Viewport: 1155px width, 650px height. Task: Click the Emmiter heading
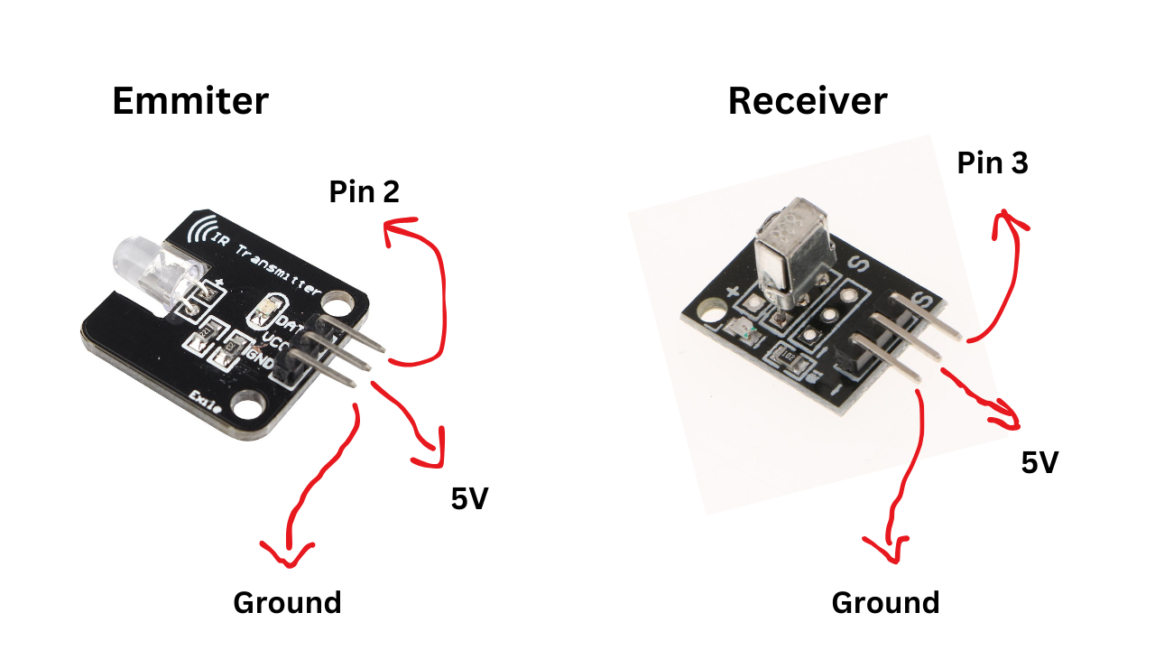click(x=189, y=101)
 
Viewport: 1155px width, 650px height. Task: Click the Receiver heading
click(x=807, y=101)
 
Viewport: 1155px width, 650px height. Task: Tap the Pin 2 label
click(x=364, y=191)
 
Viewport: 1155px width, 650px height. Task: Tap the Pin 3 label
click(x=993, y=163)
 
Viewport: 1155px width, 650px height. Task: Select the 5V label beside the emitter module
click(x=469, y=498)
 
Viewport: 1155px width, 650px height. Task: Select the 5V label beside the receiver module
click(x=1039, y=463)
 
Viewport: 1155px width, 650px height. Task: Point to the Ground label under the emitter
click(x=287, y=602)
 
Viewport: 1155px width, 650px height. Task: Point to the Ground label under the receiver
click(x=885, y=602)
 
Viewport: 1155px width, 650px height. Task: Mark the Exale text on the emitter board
click(x=206, y=403)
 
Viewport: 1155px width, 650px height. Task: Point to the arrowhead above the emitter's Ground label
click(x=287, y=551)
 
